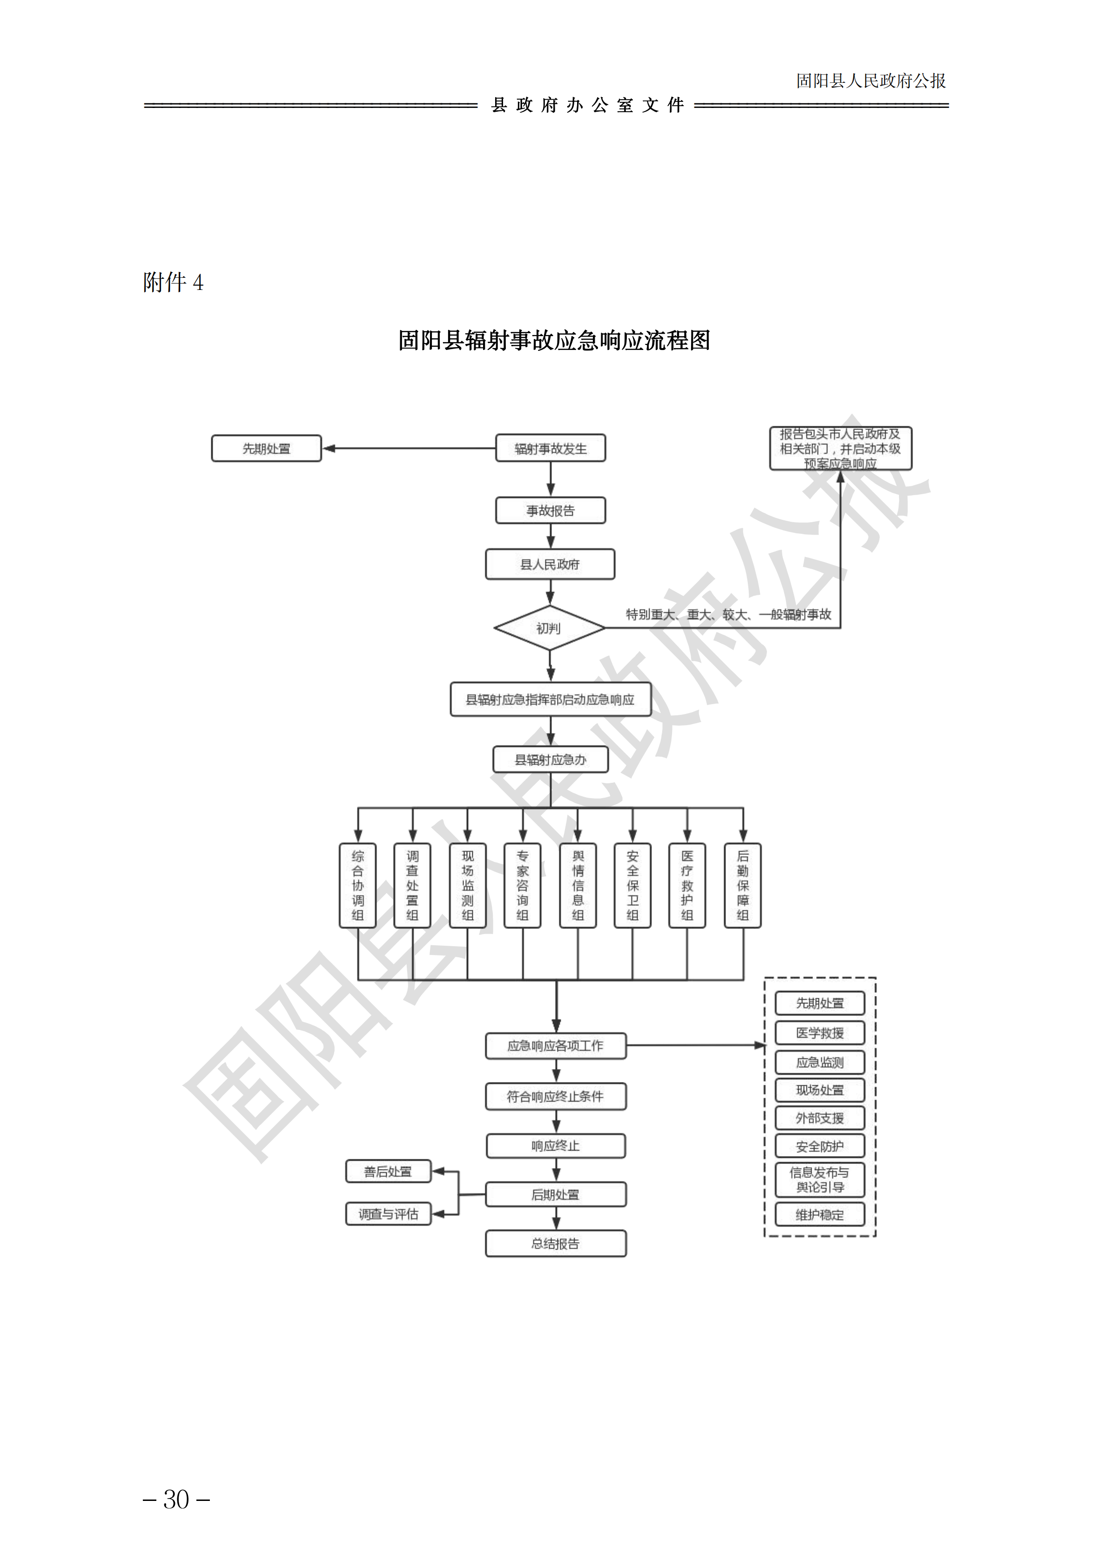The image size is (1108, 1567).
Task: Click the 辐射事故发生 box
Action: click(x=550, y=448)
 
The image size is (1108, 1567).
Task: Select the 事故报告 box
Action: click(x=550, y=511)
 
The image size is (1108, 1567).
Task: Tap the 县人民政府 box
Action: click(x=550, y=565)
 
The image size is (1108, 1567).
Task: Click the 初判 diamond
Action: click(x=549, y=628)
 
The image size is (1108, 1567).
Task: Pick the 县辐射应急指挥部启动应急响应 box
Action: click(x=550, y=699)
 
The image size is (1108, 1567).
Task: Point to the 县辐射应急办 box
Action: click(x=550, y=760)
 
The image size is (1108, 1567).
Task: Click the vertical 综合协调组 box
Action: click(x=357, y=885)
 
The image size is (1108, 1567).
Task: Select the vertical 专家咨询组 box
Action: click(x=523, y=885)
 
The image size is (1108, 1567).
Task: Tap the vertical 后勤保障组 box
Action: click(x=743, y=885)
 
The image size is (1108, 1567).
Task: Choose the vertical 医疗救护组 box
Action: click(x=687, y=885)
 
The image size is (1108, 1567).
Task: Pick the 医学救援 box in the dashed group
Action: click(x=819, y=1033)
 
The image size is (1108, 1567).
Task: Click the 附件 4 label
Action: click(x=173, y=282)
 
